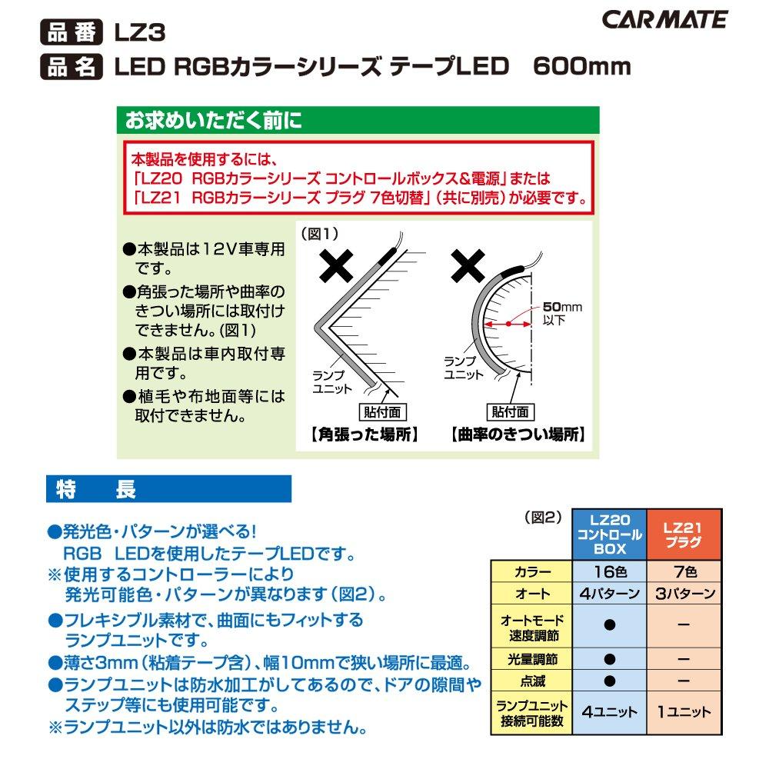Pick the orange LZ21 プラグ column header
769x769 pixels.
[683, 534]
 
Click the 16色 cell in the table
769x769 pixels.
[610, 572]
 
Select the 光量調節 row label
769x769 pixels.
[531, 660]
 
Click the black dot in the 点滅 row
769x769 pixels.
[610, 681]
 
